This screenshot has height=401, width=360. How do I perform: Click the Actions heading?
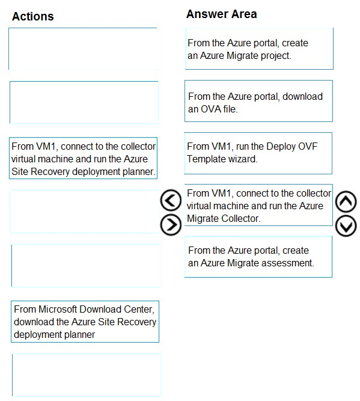[x=33, y=16]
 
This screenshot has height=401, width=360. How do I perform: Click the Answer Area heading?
[x=221, y=14]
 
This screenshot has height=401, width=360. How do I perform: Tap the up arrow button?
[x=346, y=201]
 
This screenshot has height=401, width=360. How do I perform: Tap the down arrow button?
[x=346, y=225]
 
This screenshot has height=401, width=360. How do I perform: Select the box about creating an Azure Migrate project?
[x=259, y=49]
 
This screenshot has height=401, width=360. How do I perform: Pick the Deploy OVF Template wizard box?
[x=258, y=153]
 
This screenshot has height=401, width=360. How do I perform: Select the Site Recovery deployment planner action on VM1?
[x=83, y=158]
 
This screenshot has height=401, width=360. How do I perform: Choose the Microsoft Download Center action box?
[x=85, y=322]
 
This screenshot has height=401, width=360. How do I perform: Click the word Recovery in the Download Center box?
[x=135, y=322]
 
